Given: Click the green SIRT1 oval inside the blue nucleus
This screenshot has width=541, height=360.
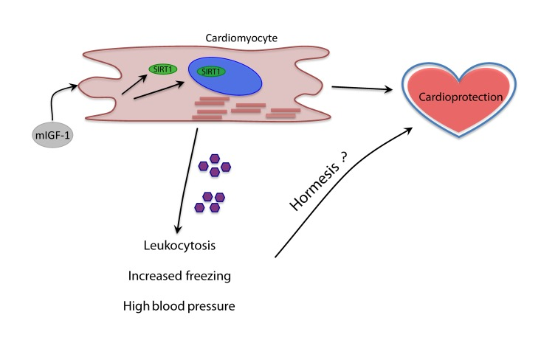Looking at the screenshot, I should pyautogui.click(x=213, y=72).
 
